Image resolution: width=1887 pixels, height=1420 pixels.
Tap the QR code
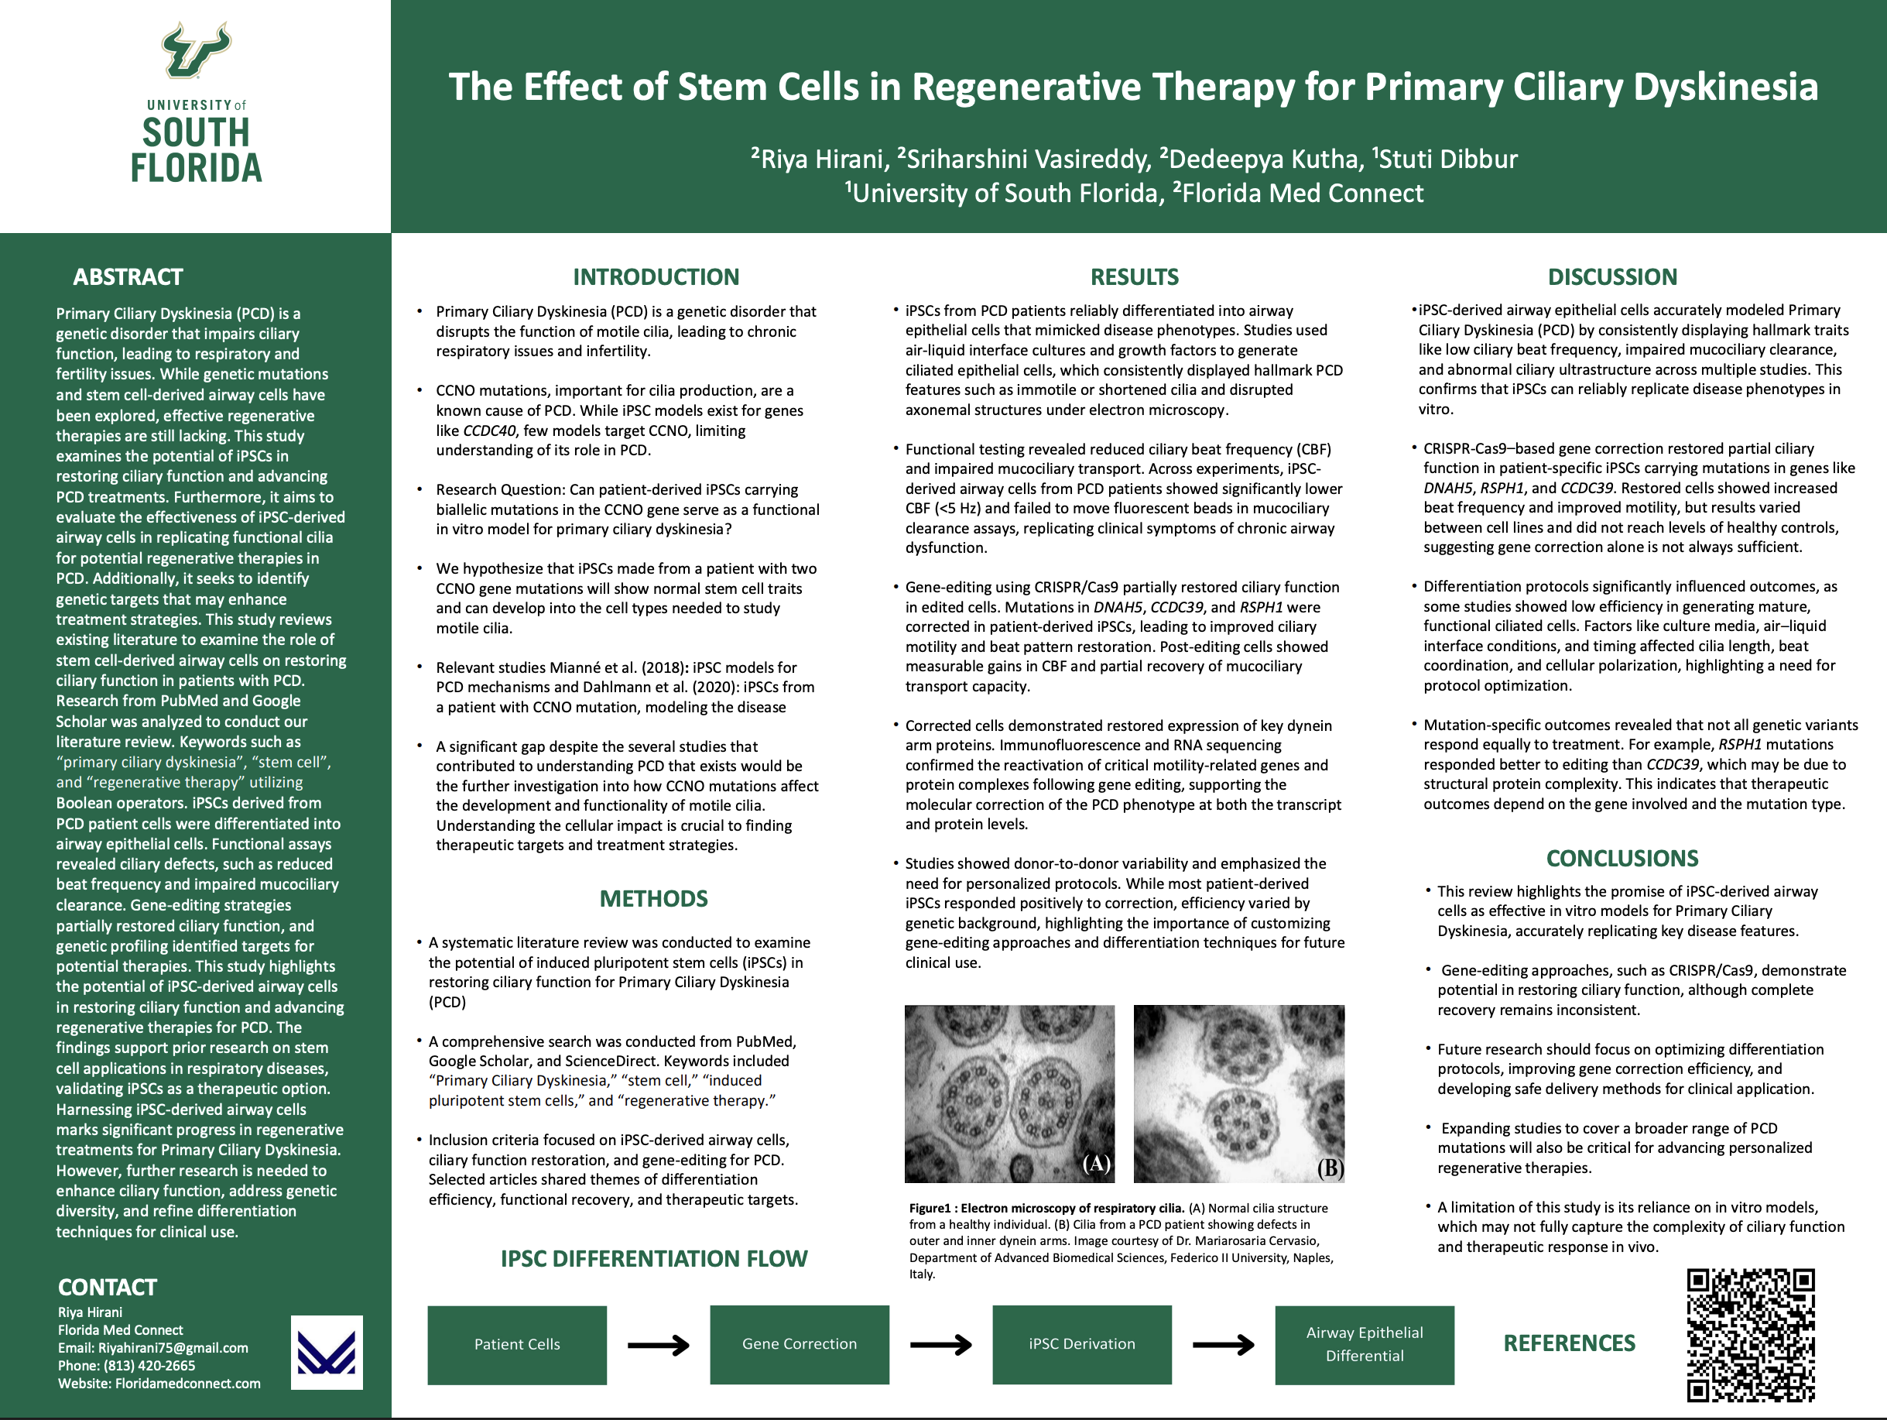1751,1335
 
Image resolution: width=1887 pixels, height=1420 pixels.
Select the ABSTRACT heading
128,276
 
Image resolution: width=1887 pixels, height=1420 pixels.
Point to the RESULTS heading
1134,276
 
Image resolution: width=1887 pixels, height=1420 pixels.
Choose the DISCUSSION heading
1611,276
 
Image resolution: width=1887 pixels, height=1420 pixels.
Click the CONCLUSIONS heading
1622,858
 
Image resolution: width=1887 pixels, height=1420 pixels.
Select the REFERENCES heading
1569,1343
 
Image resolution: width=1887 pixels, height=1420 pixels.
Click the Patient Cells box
517,1344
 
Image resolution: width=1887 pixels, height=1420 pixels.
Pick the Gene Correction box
800,1344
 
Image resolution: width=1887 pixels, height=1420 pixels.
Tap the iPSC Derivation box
1082,1344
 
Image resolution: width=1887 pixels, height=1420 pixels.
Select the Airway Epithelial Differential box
1364,1344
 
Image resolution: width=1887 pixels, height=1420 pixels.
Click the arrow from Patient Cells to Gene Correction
658,1346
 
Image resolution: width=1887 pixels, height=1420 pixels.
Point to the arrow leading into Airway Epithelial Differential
1222,1346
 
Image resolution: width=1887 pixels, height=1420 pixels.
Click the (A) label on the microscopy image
1095,1163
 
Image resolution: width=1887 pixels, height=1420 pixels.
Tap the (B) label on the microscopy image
1329,1167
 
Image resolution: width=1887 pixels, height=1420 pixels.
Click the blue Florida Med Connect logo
327,1352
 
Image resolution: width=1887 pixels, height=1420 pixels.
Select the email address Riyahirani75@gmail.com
173,1347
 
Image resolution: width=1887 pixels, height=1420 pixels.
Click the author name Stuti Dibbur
1447,159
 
